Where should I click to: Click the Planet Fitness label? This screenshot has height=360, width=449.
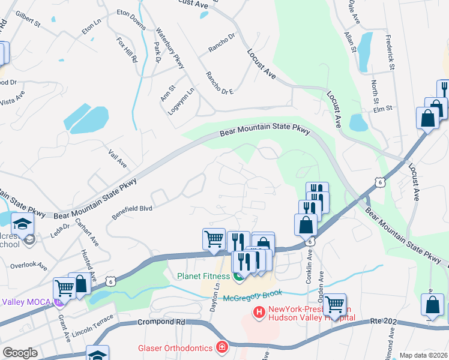click(x=203, y=276)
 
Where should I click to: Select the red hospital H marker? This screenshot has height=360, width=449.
click(x=259, y=311)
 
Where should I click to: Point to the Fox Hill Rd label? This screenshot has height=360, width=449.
click(x=127, y=52)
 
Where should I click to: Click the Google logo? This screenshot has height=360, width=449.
click(x=20, y=353)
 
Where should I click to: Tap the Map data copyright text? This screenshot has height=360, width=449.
click(x=423, y=355)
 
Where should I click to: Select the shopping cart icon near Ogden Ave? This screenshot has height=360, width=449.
click(x=334, y=304)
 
